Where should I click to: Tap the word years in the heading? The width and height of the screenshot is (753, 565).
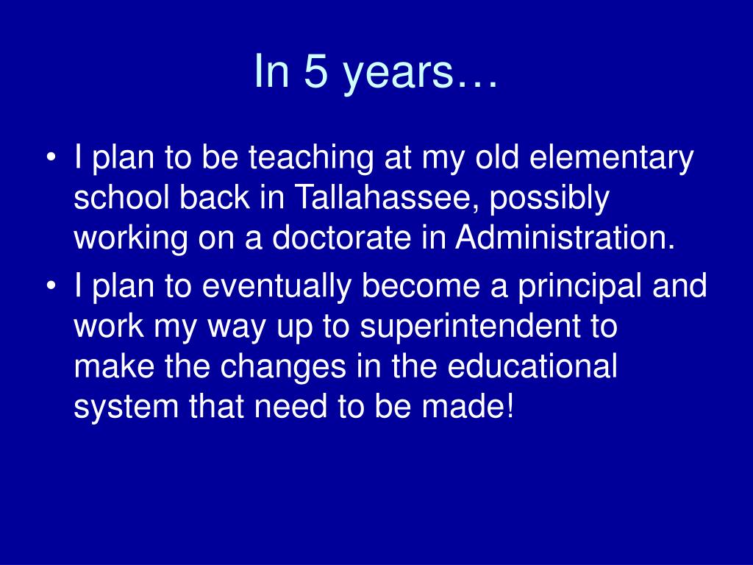398,75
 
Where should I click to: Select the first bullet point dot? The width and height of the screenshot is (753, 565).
51,157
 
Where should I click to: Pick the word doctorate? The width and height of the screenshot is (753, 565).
342,238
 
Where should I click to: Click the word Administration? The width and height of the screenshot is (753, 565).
565,237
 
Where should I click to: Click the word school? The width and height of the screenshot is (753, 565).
122,197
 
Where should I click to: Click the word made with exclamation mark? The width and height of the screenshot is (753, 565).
468,407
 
